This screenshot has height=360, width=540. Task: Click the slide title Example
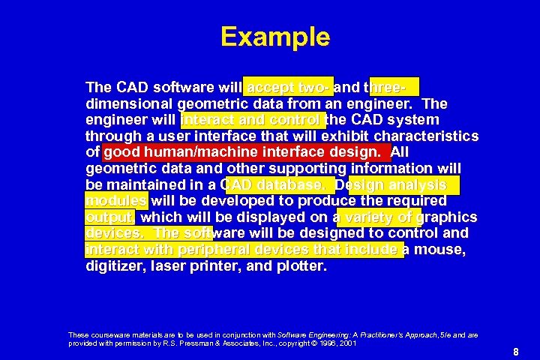pos(275,37)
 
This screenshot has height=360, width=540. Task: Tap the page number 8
pos(516,352)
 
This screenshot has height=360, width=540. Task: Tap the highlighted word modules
pos(117,201)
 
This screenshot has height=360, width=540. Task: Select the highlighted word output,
pos(110,217)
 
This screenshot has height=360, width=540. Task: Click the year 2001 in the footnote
pos(346,343)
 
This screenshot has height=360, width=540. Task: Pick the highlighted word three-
pos(394,87)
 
